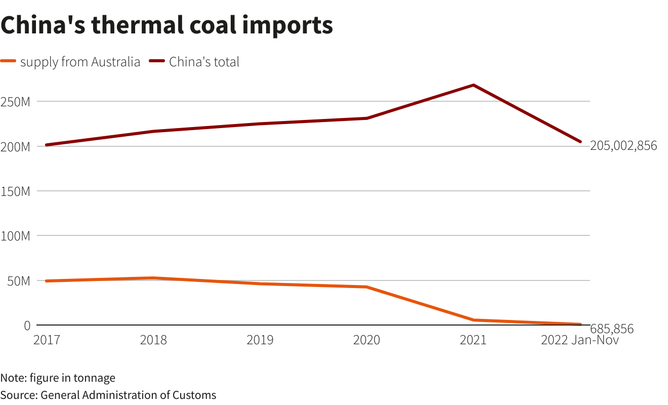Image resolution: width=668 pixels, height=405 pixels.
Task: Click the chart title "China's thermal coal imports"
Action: pyautogui.click(x=166, y=25)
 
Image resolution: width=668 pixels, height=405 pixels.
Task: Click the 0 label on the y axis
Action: pyautogui.click(x=27, y=325)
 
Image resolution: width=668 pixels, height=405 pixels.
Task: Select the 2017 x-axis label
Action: pyautogui.click(x=47, y=340)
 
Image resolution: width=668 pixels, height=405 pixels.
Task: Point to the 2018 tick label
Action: pyautogui.click(x=153, y=340)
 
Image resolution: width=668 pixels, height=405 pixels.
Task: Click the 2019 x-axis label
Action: pyautogui.click(x=260, y=340)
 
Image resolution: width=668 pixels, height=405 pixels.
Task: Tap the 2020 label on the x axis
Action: pyautogui.click(x=366, y=340)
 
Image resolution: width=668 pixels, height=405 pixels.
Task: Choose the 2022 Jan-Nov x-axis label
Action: pyautogui.click(x=579, y=340)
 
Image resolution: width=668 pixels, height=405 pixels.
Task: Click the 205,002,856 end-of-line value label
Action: pyautogui.click(x=623, y=146)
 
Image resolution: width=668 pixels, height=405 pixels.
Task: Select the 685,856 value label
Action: pyautogui.click(x=612, y=329)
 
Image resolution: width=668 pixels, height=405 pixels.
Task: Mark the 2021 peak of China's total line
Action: pyautogui.click(x=473, y=85)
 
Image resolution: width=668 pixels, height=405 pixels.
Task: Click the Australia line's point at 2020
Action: pyautogui.click(x=366, y=287)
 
